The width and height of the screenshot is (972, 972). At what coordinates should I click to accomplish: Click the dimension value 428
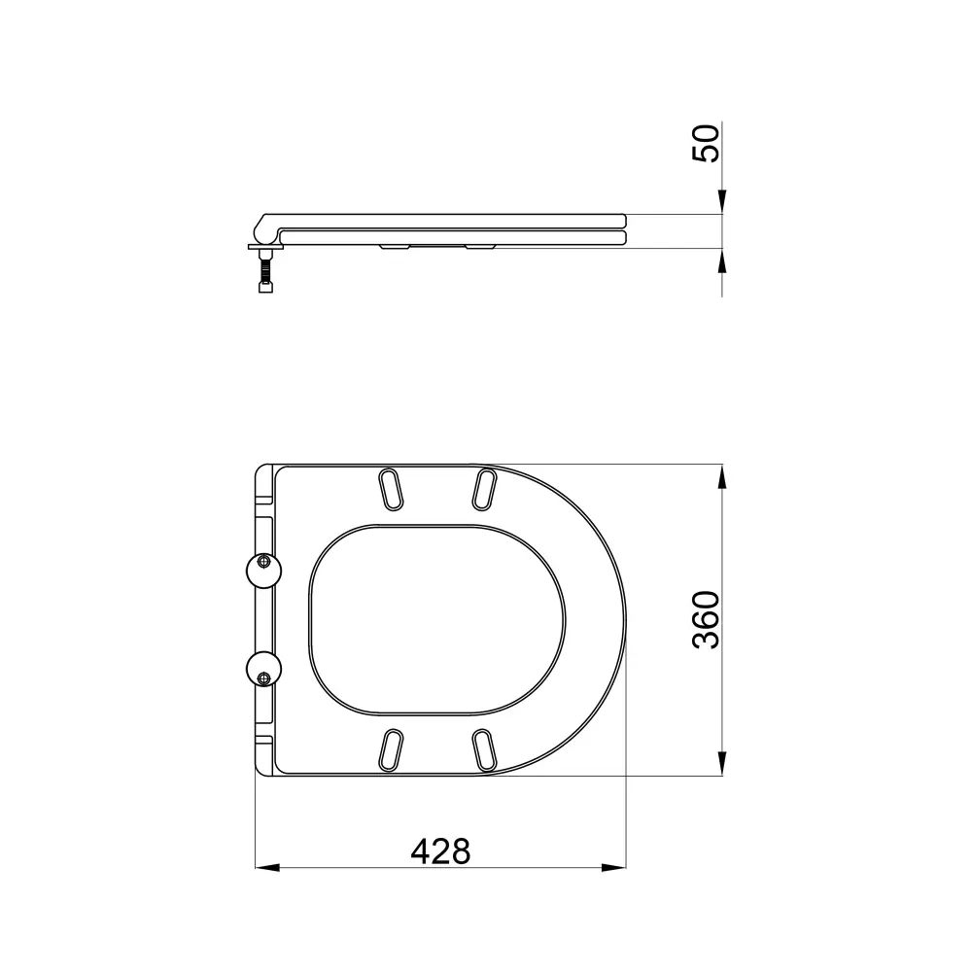[440, 851]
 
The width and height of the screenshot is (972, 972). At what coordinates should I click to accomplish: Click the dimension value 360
[707, 619]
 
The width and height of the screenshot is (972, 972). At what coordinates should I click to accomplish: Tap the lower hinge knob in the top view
[262, 670]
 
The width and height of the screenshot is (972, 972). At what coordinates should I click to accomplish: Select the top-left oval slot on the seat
[391, 489]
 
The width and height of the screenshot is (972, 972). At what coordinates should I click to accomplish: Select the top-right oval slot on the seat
[483, 487]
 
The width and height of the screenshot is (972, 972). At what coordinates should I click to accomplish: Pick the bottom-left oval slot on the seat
[391, 748]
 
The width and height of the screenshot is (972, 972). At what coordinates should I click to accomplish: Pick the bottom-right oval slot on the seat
[483, 749]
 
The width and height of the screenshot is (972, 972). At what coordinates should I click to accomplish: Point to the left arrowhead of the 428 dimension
[266, 867]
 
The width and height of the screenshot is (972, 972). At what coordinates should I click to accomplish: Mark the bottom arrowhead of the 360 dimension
[721, 765]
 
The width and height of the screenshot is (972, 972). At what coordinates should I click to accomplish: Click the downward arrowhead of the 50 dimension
[721, 202]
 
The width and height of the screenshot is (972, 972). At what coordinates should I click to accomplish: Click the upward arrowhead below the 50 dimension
[721, 260]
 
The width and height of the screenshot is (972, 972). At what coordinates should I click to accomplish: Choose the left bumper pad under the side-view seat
[395, 249]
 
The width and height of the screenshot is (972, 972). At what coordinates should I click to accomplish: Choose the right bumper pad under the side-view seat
[480, 249]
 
